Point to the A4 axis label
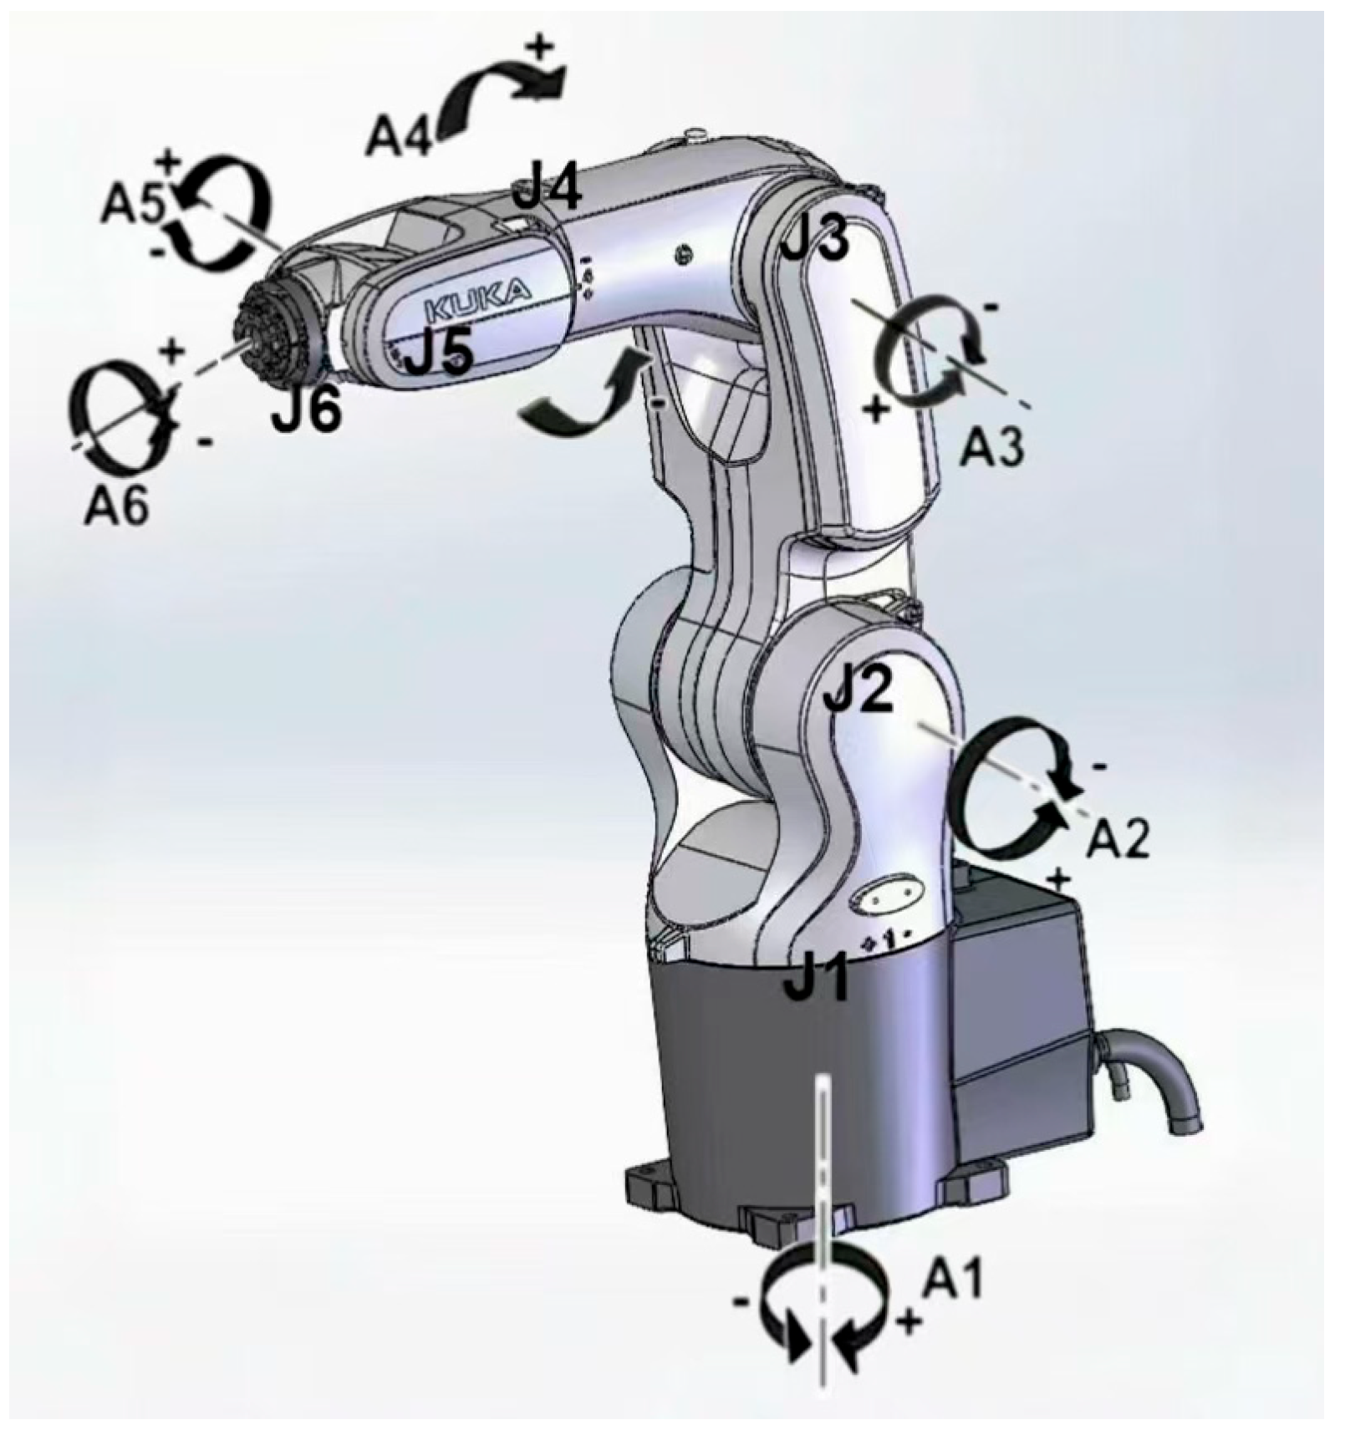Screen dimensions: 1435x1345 (x=399, y=135)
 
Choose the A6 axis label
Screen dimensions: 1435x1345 (x=116, y=504)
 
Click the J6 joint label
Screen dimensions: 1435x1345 (x=306, y=410)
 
